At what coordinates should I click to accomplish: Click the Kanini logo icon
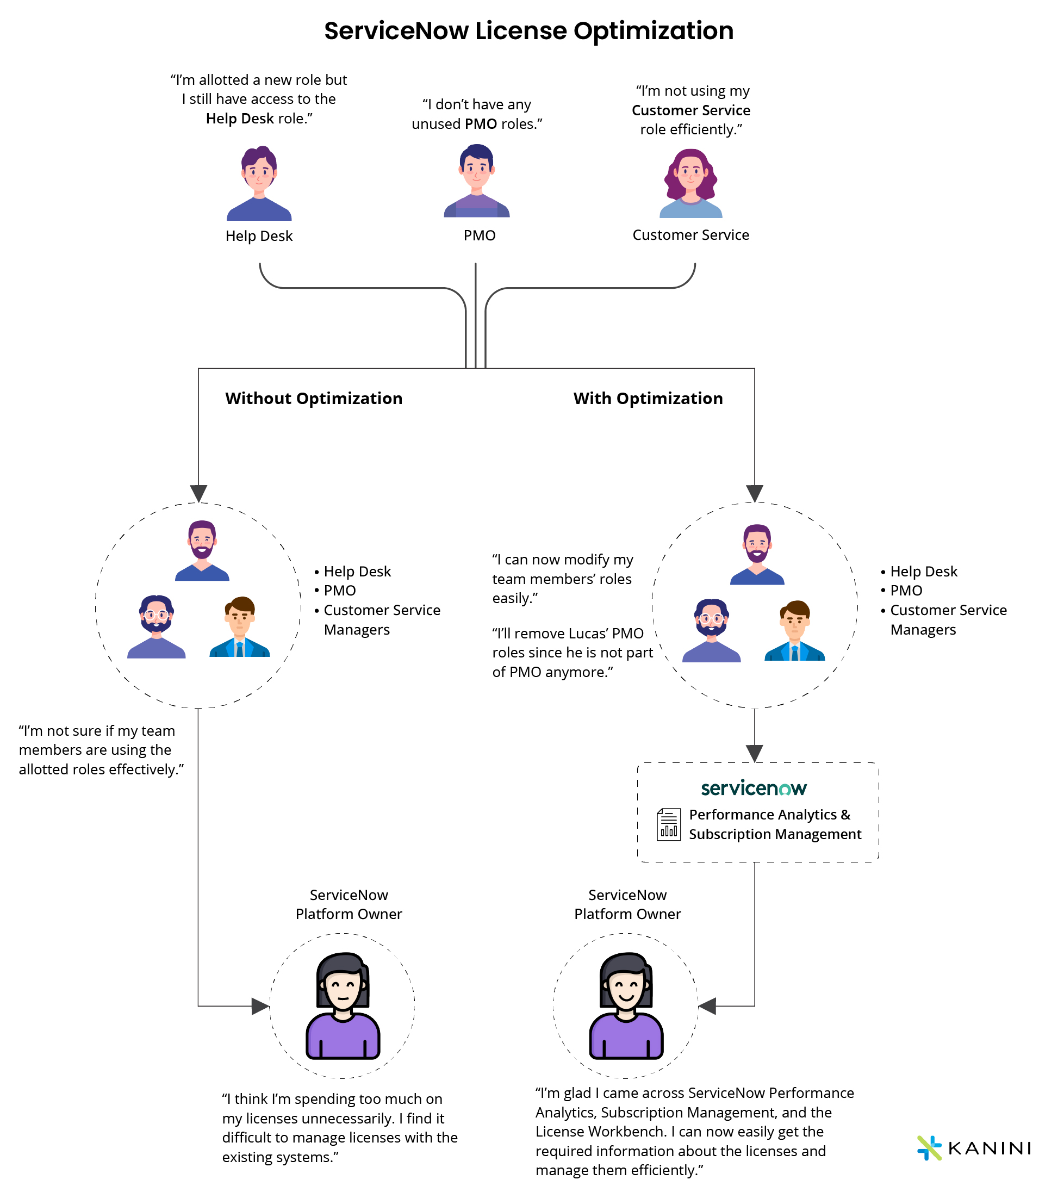[x=929, y=1147]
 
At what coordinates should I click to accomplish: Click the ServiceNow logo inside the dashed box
[x=754, y=788]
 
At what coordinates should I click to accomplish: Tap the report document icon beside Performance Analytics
[x=668, y=824]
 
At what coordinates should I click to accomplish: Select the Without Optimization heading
[x=314, y=398]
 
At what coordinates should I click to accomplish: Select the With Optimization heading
[x=648, y=398]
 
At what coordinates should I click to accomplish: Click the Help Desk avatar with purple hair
[x=259, y=183]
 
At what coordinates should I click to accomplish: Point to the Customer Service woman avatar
[x=690, y=183]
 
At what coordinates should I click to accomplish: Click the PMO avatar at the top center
[x=476, y=181]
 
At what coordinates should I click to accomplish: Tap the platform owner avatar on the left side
[x=343, y=1006]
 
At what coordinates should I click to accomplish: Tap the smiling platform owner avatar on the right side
[x=626, y=1006]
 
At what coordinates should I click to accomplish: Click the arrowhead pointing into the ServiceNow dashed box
[x=754, y=753]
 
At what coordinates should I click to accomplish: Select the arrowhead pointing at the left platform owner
[x=259, y=1006]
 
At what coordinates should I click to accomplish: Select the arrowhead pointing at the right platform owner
[x=707, y=1006]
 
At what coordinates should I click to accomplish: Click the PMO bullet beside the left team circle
[x=339, y=591]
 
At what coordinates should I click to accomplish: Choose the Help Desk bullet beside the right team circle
[x=923, y=571]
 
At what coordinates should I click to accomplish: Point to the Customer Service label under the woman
[x=690, y=235]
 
